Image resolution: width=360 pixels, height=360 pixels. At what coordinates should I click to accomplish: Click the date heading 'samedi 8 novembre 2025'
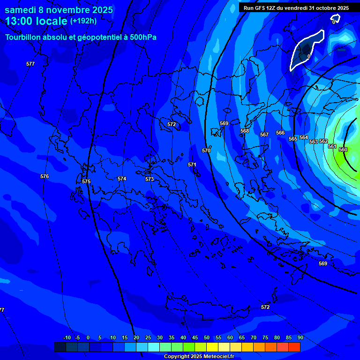pos(59,10)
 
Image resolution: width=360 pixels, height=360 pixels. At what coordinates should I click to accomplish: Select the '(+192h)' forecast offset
pos(83,21)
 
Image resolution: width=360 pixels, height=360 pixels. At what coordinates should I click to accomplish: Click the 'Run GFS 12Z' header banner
pos(296,8)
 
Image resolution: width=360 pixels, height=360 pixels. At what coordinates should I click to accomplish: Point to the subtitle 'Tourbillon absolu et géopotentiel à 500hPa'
pos(81,37)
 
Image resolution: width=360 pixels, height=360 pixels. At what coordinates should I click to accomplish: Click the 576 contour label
pos(45,177)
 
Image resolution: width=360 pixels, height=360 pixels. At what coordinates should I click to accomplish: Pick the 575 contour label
pos(86,181)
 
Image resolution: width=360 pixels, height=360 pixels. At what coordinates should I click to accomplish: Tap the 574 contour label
pos(122,179)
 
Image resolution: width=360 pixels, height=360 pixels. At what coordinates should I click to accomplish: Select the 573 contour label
pos(150,179)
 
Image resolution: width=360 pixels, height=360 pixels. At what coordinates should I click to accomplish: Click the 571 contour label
pos(192,165)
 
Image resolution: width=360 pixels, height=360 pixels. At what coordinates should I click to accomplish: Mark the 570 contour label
pos(206,150)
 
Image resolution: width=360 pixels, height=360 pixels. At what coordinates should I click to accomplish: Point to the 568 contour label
pos(245,131)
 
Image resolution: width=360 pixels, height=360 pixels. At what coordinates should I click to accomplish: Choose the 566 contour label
pos(280,133)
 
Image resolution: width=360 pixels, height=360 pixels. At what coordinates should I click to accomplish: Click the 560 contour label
pos(343,150)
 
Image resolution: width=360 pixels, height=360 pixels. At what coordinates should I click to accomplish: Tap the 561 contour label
pos(332,146)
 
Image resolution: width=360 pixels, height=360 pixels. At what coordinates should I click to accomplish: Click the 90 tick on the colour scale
pos(300,337)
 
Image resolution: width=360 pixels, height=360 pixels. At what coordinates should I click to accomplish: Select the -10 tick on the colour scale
pos(67,337)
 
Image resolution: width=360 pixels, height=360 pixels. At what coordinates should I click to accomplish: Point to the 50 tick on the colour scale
pos(207,337)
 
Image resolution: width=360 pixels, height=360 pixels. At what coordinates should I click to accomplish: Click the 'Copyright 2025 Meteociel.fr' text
pos(199,356)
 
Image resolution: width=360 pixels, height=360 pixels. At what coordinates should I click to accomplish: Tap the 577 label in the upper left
pos(30,64)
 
